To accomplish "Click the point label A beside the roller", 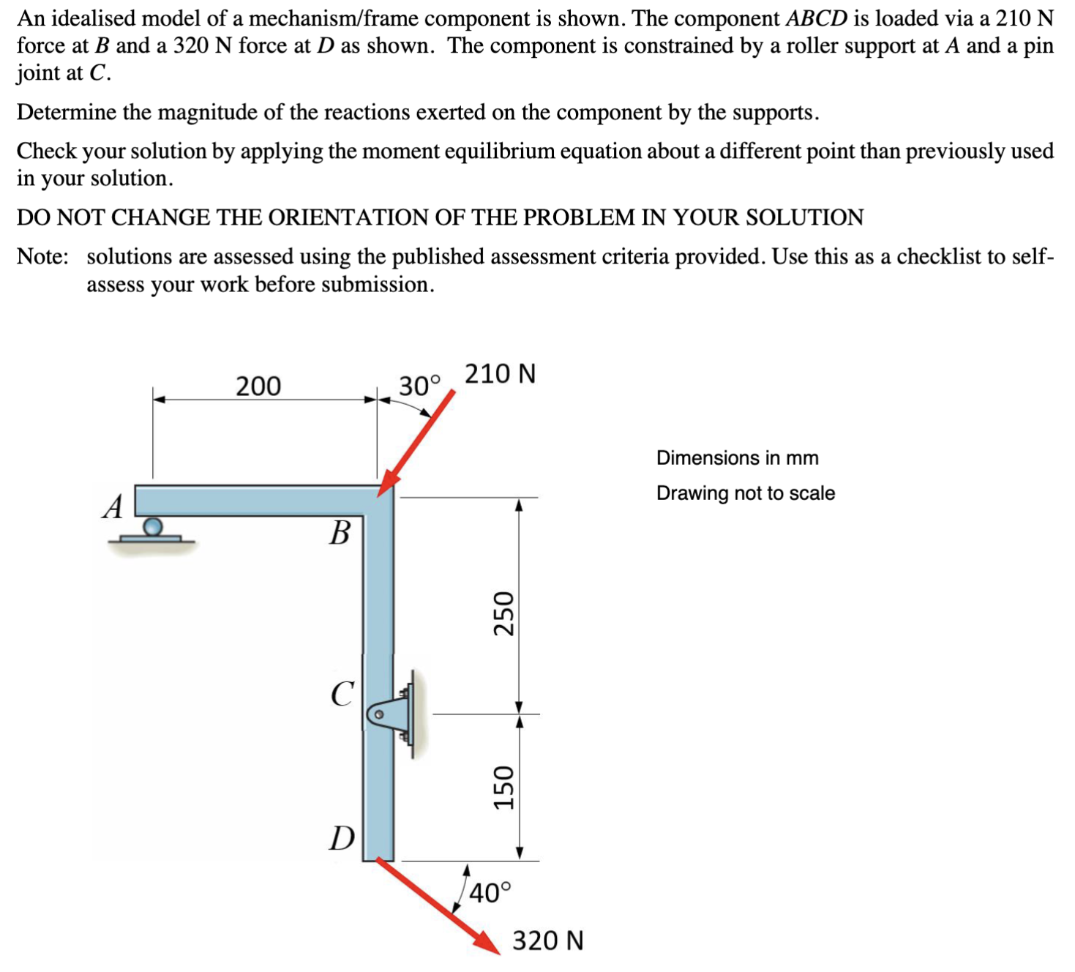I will point(113,506).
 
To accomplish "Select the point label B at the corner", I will point(340,533).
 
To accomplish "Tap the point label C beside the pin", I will point(342,694).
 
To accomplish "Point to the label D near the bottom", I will point(342,838).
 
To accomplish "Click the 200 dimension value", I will point(258,386).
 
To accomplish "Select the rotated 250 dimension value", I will point(503,613).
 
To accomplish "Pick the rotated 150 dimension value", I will point(503,787).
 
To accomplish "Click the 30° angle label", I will point(420,385).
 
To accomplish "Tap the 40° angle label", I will point(490,893).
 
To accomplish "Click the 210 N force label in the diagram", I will point(501,373).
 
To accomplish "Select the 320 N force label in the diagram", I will point(547,941).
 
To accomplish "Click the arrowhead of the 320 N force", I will point(487,943).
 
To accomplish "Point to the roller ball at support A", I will point(152,526).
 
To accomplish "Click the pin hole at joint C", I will point(379,714).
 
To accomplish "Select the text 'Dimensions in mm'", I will point(737,457).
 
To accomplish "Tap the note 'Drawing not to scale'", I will point(745,493).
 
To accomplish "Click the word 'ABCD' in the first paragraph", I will point(815,18).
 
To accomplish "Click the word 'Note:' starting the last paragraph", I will point(43,257).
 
